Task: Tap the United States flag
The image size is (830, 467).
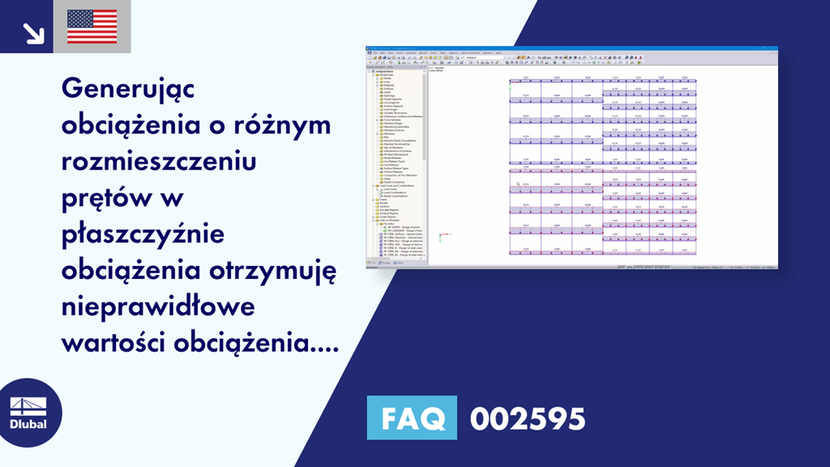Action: coord(92,27)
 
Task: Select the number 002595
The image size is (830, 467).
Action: coord(528,418)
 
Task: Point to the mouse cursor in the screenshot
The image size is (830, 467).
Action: coord(518,183)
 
